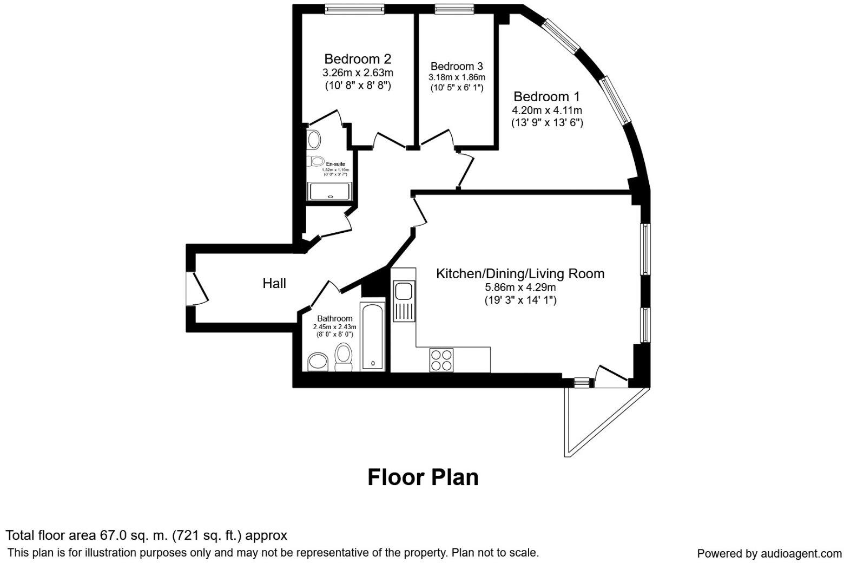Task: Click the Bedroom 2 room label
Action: (x=357, y=58)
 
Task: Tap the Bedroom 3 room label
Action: (x=457, y=66)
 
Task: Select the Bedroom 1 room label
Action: (x=546, y=97)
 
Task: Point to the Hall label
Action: (x=274, y=283)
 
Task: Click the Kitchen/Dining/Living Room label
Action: (x=520, y=274)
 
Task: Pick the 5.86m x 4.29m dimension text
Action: (x=520, y=287)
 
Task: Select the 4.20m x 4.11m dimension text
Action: (x=547, y=110)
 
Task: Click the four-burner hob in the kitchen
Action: (x=441, y=360)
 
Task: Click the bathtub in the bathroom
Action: (x=373, y=336)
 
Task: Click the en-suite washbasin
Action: (x=313, y=140)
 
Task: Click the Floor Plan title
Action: (x=423, y=477)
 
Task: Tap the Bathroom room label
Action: (x=334, y=319)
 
